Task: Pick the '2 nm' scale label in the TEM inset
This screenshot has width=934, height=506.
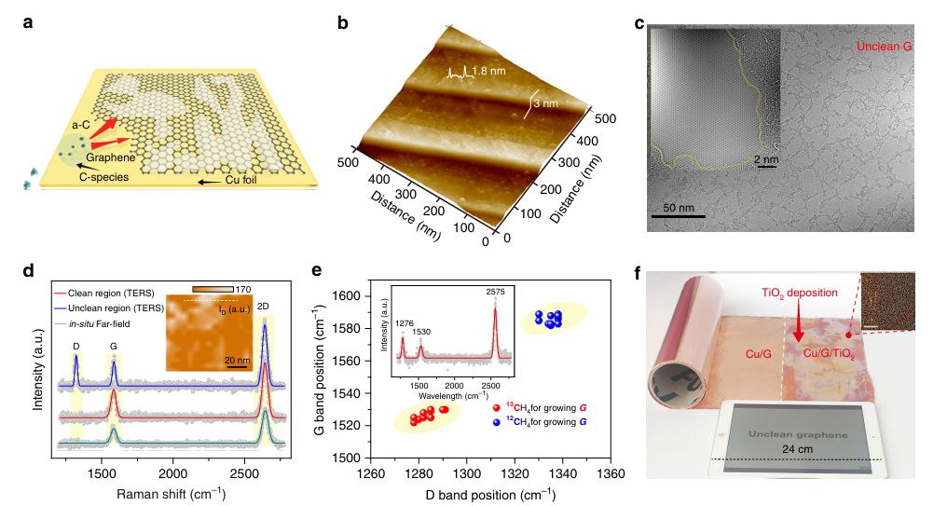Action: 765,160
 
